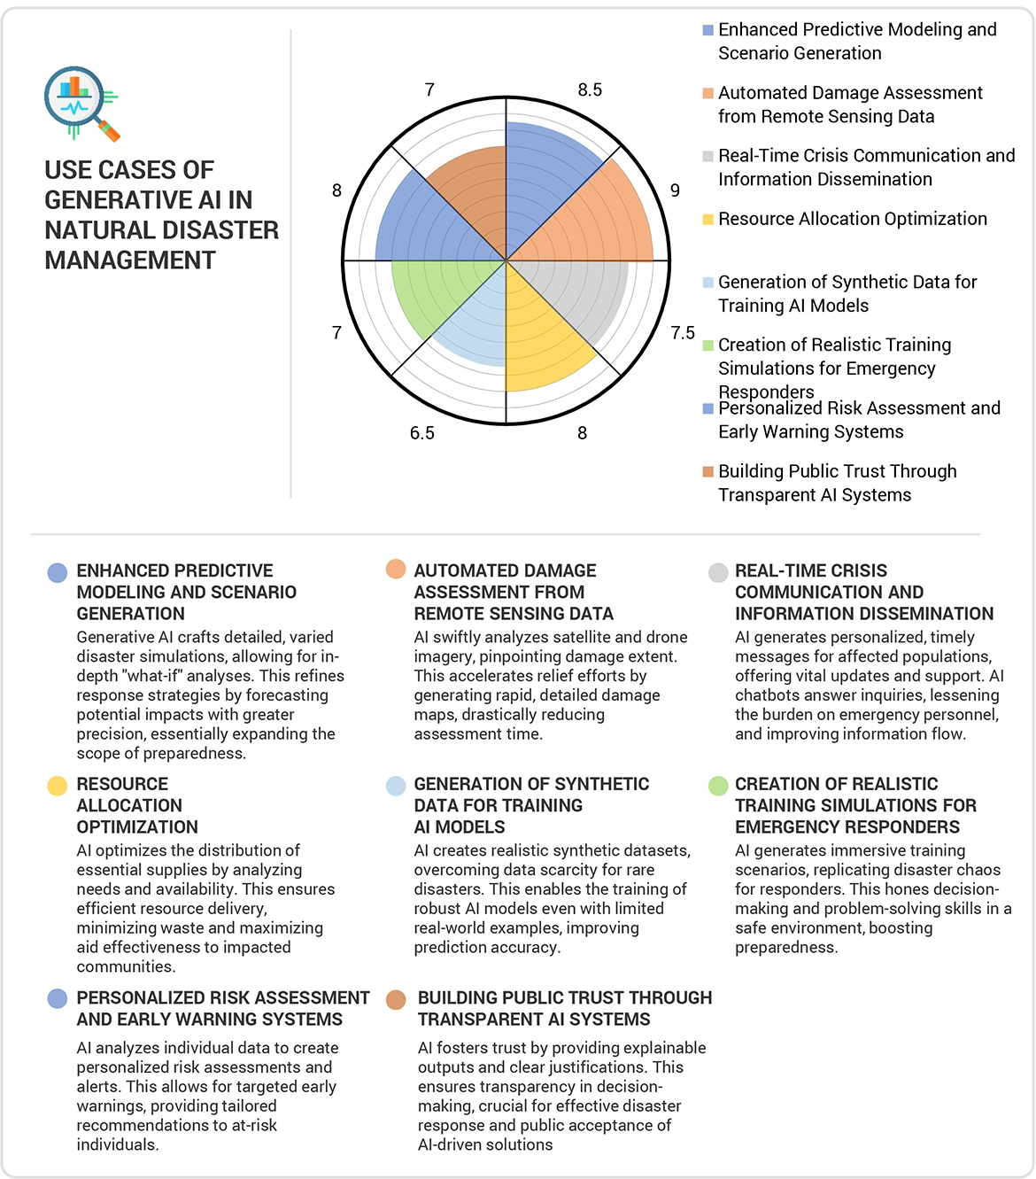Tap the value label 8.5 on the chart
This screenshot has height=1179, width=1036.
(590, 89)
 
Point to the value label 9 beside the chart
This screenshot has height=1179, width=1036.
(675, 190)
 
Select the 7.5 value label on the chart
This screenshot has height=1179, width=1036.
(683, 332)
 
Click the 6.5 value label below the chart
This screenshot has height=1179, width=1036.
(422, 433)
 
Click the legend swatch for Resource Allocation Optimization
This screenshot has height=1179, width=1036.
(708, 220)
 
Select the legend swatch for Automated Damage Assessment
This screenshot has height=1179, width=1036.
(708, 94)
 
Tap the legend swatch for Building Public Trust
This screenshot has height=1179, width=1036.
(708, 472)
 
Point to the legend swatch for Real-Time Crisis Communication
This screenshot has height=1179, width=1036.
(708, 157)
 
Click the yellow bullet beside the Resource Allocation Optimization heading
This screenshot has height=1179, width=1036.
(58, 786)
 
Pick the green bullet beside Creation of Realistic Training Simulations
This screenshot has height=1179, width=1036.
(718, 786)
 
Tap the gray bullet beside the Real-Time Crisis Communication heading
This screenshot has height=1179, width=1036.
(718, 572)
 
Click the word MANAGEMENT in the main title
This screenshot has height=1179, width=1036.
(130, 260)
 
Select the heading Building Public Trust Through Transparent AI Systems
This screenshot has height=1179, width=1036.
(564, 1009)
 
